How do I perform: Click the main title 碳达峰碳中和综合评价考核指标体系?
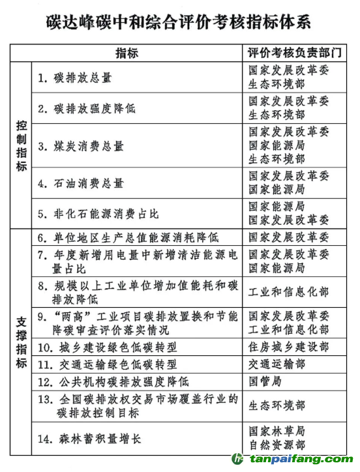[179, 22]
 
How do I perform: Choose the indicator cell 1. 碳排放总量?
[74, 78]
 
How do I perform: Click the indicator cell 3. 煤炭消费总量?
[80, 146]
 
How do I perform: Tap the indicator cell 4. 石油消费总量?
[80, 183]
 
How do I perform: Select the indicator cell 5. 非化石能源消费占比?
[98, 214]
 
